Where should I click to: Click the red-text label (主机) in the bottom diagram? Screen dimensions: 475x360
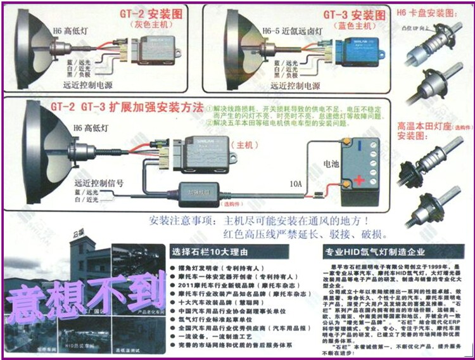click(x=242, y=145)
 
